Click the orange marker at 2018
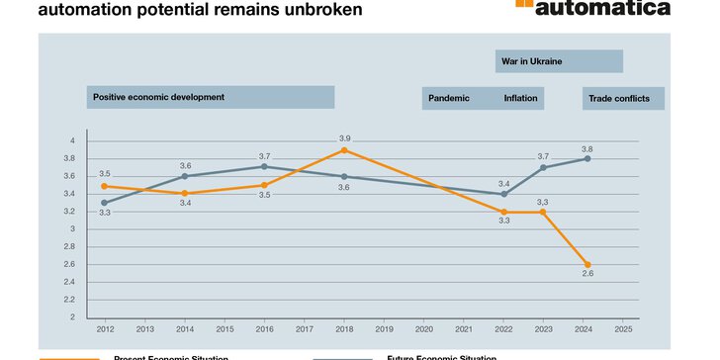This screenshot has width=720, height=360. point(344,150)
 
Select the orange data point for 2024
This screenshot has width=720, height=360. point(587,264)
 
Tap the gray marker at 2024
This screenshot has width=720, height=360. point(587,158)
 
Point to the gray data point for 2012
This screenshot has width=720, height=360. point(104,203)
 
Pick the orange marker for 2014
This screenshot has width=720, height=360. point(185,193)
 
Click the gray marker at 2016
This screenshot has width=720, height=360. point(264,166)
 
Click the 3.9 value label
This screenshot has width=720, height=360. point(345,137)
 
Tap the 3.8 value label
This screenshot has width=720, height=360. point(587,147)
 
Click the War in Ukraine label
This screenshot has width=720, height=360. point(532,61)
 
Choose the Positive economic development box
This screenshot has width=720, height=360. point(210,97)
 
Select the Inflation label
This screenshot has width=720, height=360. point(520,98)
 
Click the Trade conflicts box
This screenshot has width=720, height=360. point(622,98)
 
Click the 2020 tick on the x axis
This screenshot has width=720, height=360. point(425,329)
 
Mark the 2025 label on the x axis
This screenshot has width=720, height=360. point(624,329)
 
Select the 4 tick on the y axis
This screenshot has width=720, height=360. point(72,141)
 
